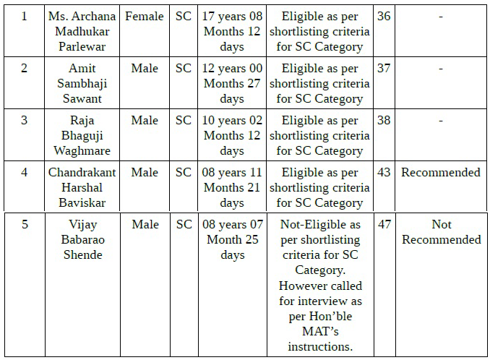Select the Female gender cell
tap(145, 16)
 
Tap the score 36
tap(384, 16)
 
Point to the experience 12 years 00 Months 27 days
tap(232, 83)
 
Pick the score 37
tap(384, 68)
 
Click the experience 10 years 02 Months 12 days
tap(232, 135)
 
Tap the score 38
tap(384, 120)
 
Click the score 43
tap(384, 172)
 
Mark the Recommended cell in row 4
tap(441, 172)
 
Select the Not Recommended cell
tap(441, 232)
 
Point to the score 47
tap(384, 224)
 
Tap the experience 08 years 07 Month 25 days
tap(232, 239)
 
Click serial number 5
tap(25, 224)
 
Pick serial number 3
tap(25, 120)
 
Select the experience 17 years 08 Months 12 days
tap(232, 31)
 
